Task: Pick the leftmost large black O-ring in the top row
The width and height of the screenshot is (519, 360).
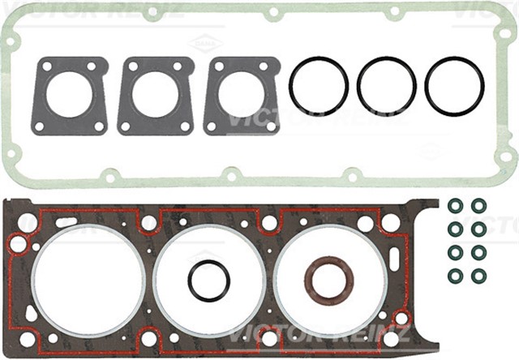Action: point(319,86)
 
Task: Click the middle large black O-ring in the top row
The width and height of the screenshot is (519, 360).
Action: point(387,86)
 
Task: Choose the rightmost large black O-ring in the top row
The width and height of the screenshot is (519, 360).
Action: point(454,86)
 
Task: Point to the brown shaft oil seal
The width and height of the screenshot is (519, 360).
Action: point(328,280)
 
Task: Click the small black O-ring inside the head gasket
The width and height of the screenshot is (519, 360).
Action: point(209,281)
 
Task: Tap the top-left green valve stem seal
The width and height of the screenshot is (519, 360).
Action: point(456,204)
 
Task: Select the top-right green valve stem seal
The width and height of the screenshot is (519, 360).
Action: point(479,204)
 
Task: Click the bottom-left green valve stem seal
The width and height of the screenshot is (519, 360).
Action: point(456,275)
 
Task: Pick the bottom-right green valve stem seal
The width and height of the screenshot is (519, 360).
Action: point(479,275)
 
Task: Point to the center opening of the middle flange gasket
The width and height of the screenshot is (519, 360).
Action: point(155,94)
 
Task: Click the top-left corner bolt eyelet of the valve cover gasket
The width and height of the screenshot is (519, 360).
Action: point(11,37)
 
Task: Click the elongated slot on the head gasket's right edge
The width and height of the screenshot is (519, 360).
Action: point(394,259)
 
